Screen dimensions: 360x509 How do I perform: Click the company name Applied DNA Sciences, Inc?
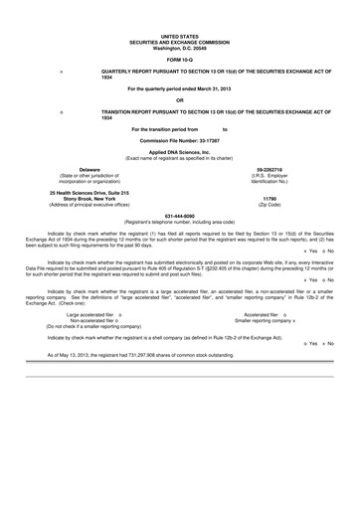[179, 152]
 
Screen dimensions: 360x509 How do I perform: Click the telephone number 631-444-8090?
[179, 216]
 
